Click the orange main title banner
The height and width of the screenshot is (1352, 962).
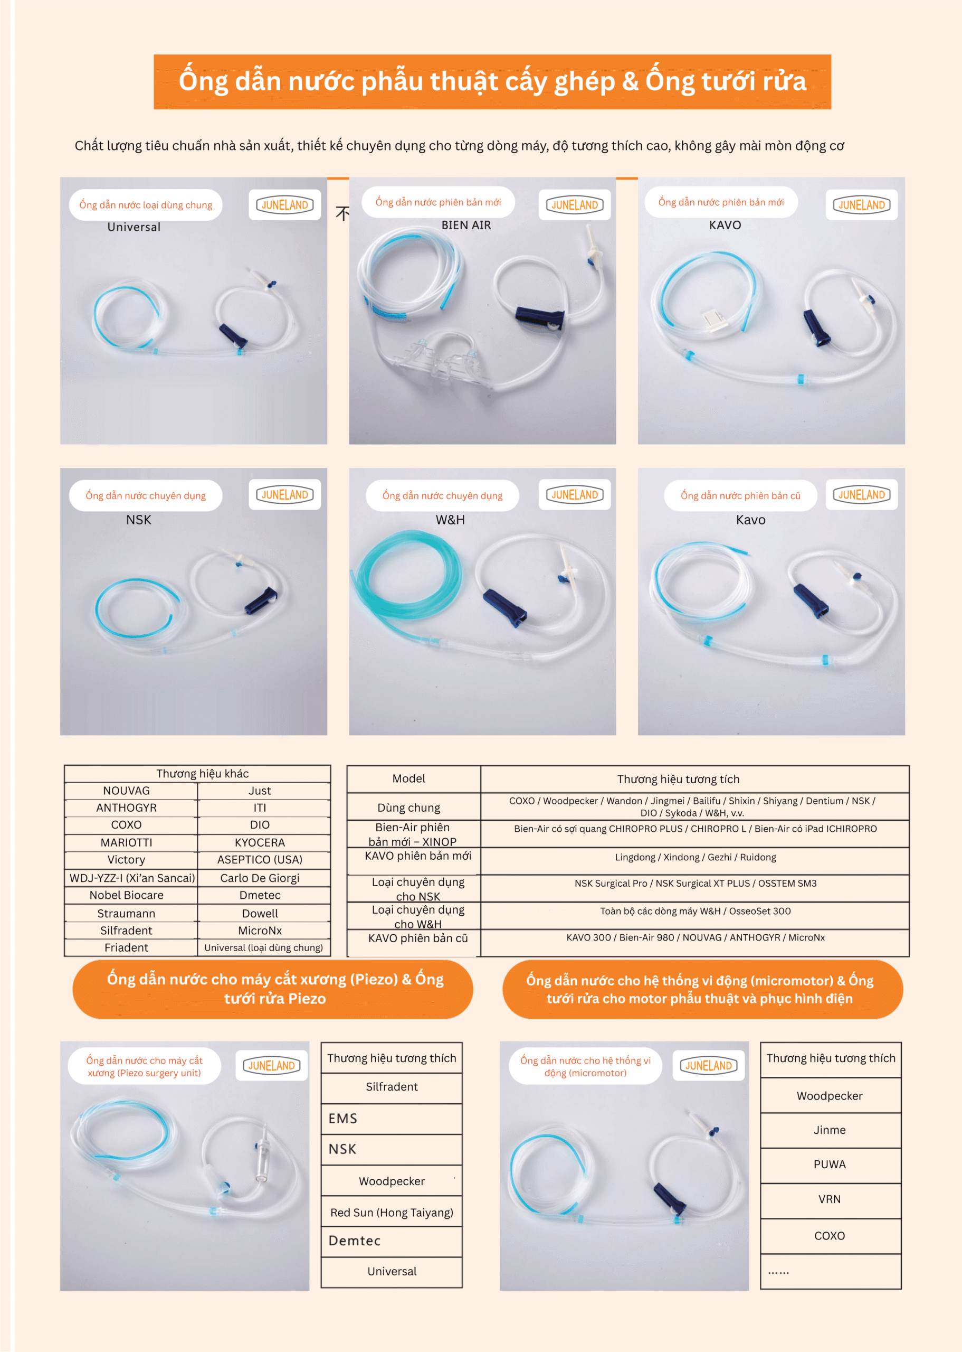492,82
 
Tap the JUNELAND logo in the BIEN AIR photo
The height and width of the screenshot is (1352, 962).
575,205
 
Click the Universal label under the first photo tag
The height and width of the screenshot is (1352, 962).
134,227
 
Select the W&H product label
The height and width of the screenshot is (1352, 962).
450,520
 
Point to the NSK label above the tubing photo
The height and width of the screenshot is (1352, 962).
139,520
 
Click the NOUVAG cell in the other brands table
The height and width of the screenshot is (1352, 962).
127,791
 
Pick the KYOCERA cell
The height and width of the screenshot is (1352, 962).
260,842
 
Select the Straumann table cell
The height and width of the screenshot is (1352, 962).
127,913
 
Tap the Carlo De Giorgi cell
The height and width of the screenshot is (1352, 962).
260,878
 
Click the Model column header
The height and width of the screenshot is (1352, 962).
409,779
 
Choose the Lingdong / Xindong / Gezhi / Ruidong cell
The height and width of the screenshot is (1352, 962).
696,857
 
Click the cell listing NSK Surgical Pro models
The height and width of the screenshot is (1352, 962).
696,883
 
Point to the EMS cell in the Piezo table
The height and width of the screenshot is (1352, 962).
392,1119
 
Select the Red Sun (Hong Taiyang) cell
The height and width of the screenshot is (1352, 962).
392,1213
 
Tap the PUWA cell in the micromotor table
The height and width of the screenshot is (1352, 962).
830,1164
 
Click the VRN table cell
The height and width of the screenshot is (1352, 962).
830,1199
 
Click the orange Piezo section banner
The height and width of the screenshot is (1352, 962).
273,989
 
